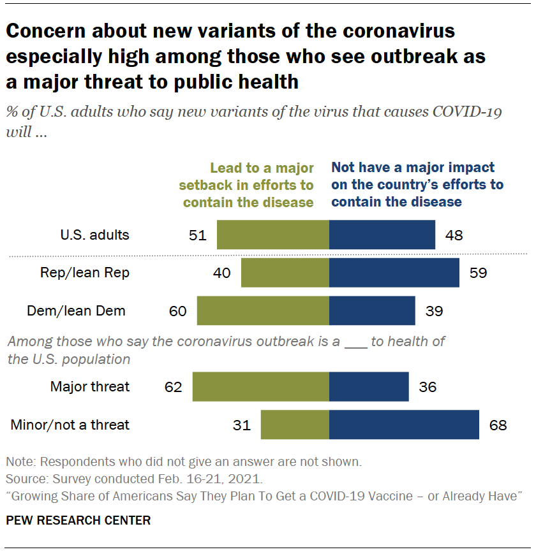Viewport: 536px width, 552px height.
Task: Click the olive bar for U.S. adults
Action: (273, 235)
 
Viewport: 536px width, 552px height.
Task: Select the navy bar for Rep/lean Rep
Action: (394, 273)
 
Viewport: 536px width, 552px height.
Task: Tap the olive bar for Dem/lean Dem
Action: (263, 311)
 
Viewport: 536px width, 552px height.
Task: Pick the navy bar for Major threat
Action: (369, 387)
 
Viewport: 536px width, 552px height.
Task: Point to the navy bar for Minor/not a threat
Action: (404, 425)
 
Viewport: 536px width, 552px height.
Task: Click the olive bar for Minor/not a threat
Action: (295, 425)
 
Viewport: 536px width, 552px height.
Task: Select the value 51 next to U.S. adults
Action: (198, 235)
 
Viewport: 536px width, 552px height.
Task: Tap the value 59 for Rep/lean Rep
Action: (478, 273)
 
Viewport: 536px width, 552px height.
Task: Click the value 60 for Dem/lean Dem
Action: (177, 312)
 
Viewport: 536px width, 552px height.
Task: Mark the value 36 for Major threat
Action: (428, 387)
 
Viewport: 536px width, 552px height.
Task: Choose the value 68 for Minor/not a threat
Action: (498, 425)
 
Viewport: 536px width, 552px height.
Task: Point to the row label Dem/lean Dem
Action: (76, 311)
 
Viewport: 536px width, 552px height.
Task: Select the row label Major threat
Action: (90, 387)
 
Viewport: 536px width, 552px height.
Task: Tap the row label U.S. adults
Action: (95, 235)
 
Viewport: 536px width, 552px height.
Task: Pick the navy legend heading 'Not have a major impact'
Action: (417, 184)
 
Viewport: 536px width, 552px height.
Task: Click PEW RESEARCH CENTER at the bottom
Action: (78, 521)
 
